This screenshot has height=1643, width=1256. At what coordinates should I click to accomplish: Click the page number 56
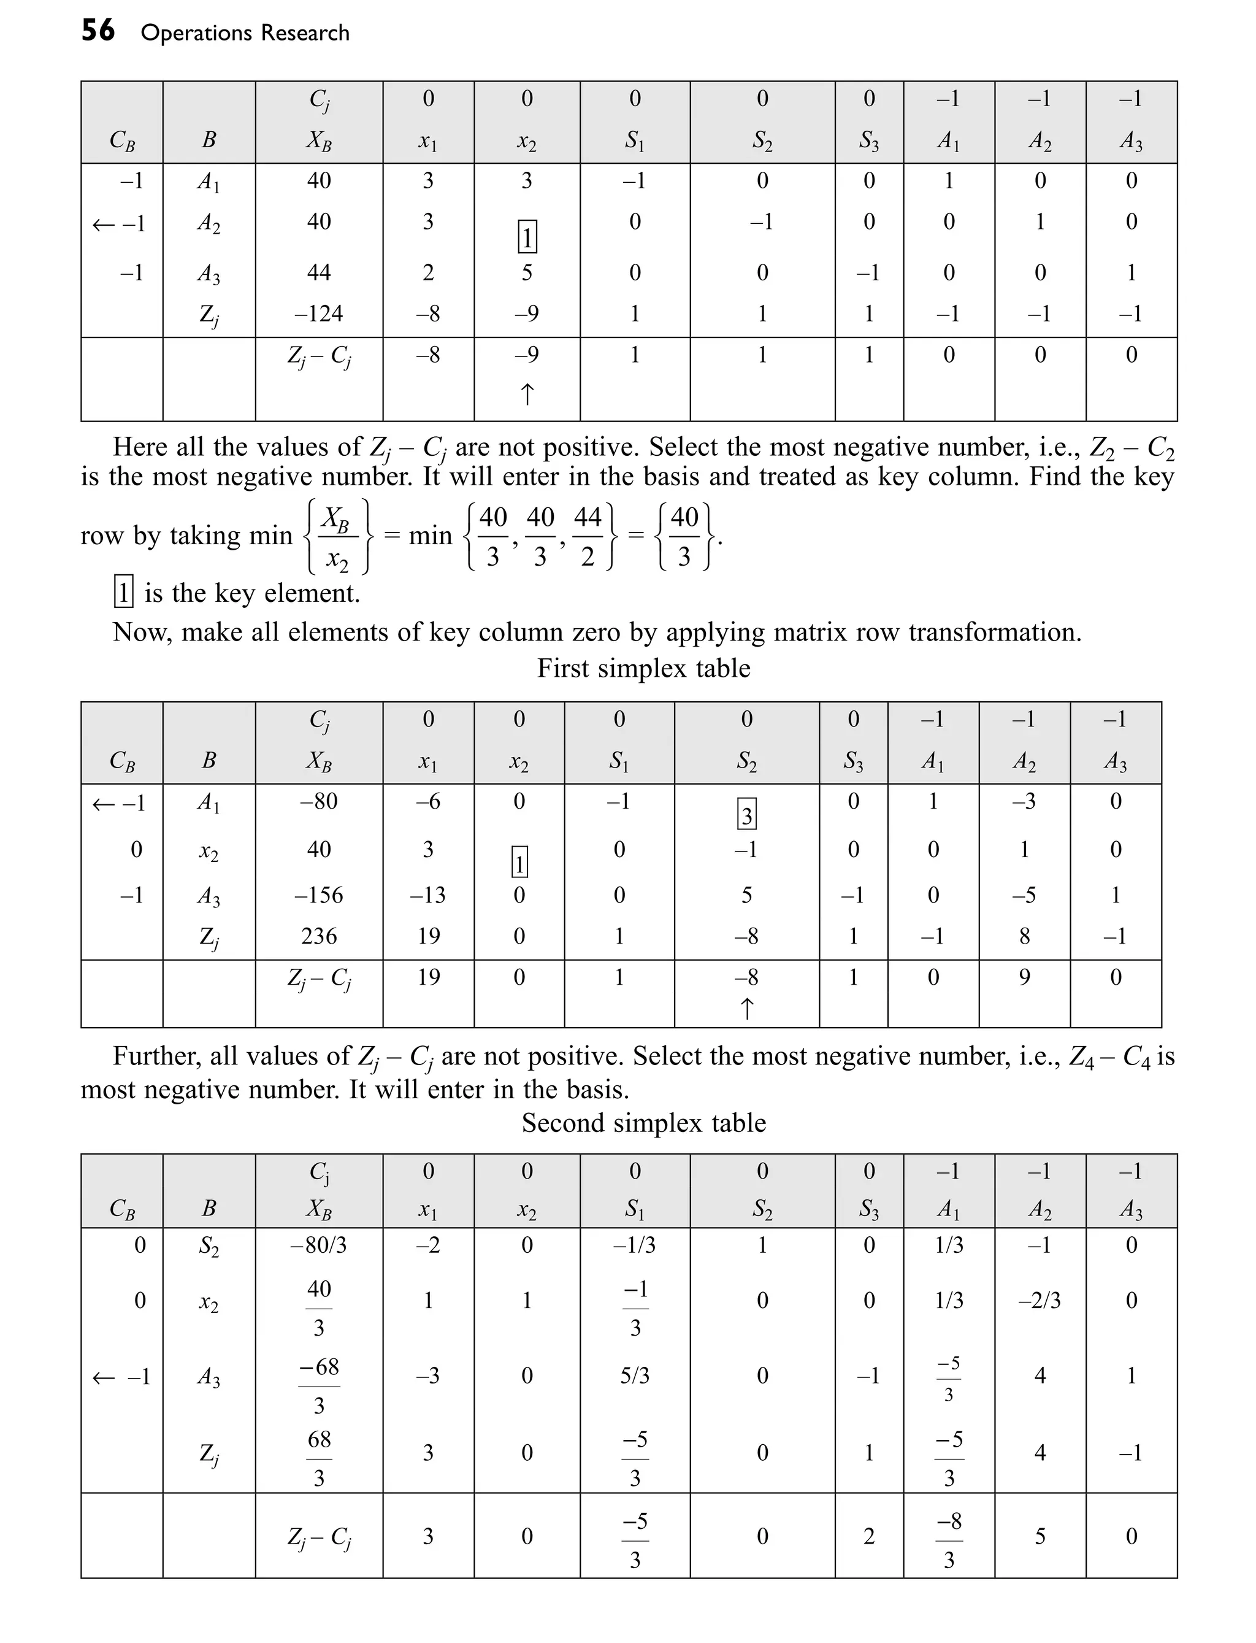(98, 31)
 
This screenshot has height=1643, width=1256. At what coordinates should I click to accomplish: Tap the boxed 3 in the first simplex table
(746, 814)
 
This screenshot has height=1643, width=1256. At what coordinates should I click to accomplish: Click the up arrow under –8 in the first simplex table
(746, 1009)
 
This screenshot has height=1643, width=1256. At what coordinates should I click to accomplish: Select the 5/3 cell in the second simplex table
(635, 1376)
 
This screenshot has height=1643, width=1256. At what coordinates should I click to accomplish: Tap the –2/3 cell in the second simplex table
(1039, 1301)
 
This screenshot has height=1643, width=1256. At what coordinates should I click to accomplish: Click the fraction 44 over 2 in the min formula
(587, 536)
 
